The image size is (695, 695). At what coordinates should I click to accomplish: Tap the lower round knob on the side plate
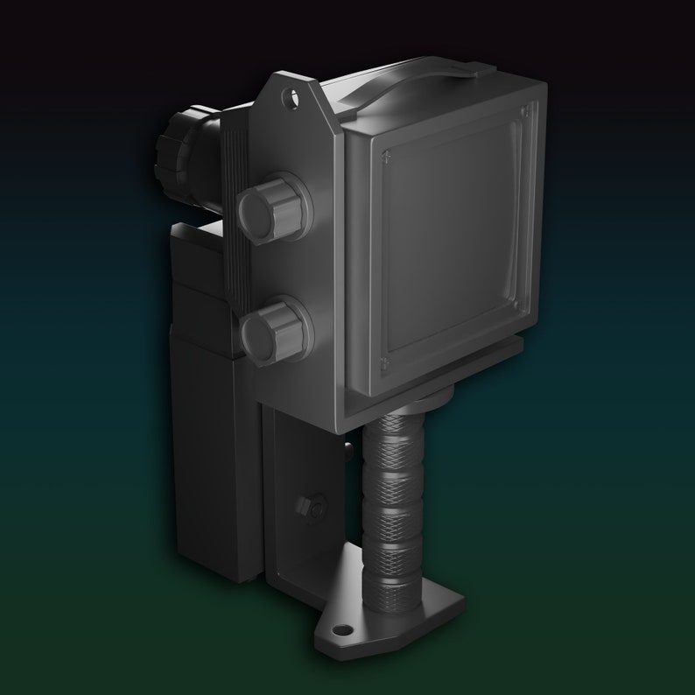pos(275,328)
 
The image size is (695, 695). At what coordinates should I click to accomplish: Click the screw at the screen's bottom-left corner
pos(385,362)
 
